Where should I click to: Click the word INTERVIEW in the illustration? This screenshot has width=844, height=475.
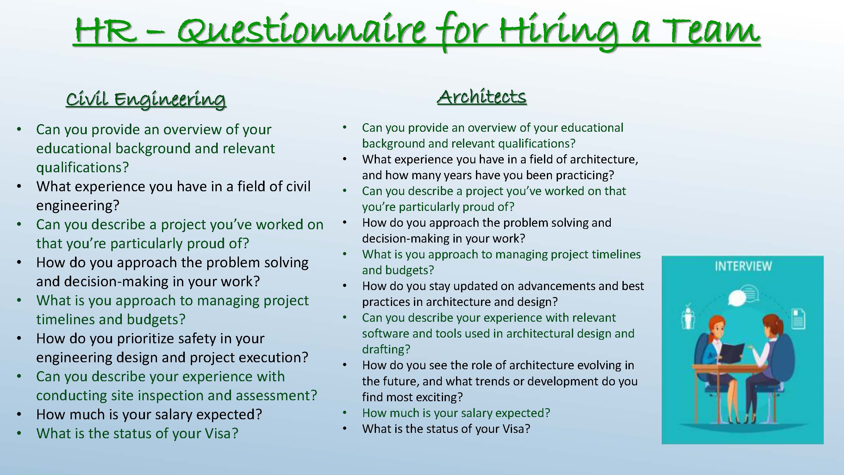pyautogui.click(x=743, y=266)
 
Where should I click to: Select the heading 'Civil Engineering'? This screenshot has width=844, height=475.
pyautogui.click(x=146, y=99)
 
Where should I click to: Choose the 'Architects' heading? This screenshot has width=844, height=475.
pyautogui.click(x=482, y=97)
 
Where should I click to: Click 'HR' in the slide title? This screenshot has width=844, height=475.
pyautogui.click(x=105, y=31)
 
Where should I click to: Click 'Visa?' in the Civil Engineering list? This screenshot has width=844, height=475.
pyautogui.click(x=221, y=434)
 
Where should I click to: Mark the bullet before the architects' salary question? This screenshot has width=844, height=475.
pyautogui.click(x=345, y=413)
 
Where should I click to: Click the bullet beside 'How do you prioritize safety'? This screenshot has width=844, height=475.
pyautogui.click(x=19, y=339)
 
